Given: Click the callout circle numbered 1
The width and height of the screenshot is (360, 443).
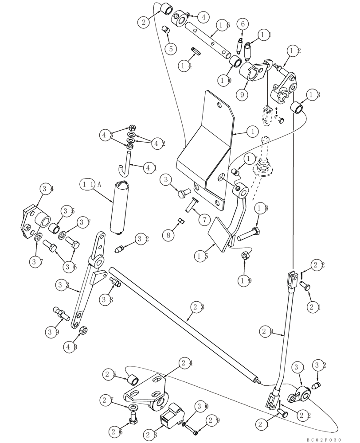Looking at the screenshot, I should click(x=252, y=131).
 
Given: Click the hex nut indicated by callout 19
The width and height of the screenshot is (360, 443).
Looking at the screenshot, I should click(x=244, y=256).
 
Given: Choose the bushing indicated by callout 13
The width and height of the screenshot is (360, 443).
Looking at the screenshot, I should click(x=296, y=108).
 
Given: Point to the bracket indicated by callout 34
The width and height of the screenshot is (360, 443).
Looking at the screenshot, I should click(x=33, y=221).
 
